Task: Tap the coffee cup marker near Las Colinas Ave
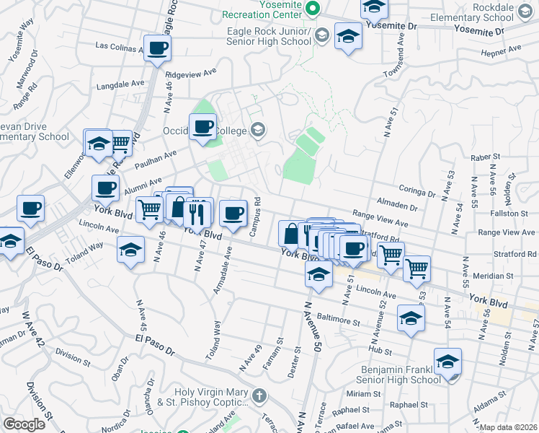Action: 157,50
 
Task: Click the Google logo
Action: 24,424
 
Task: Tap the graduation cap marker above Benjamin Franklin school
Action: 447,362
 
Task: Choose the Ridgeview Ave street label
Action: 192,73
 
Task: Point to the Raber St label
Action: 484,157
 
